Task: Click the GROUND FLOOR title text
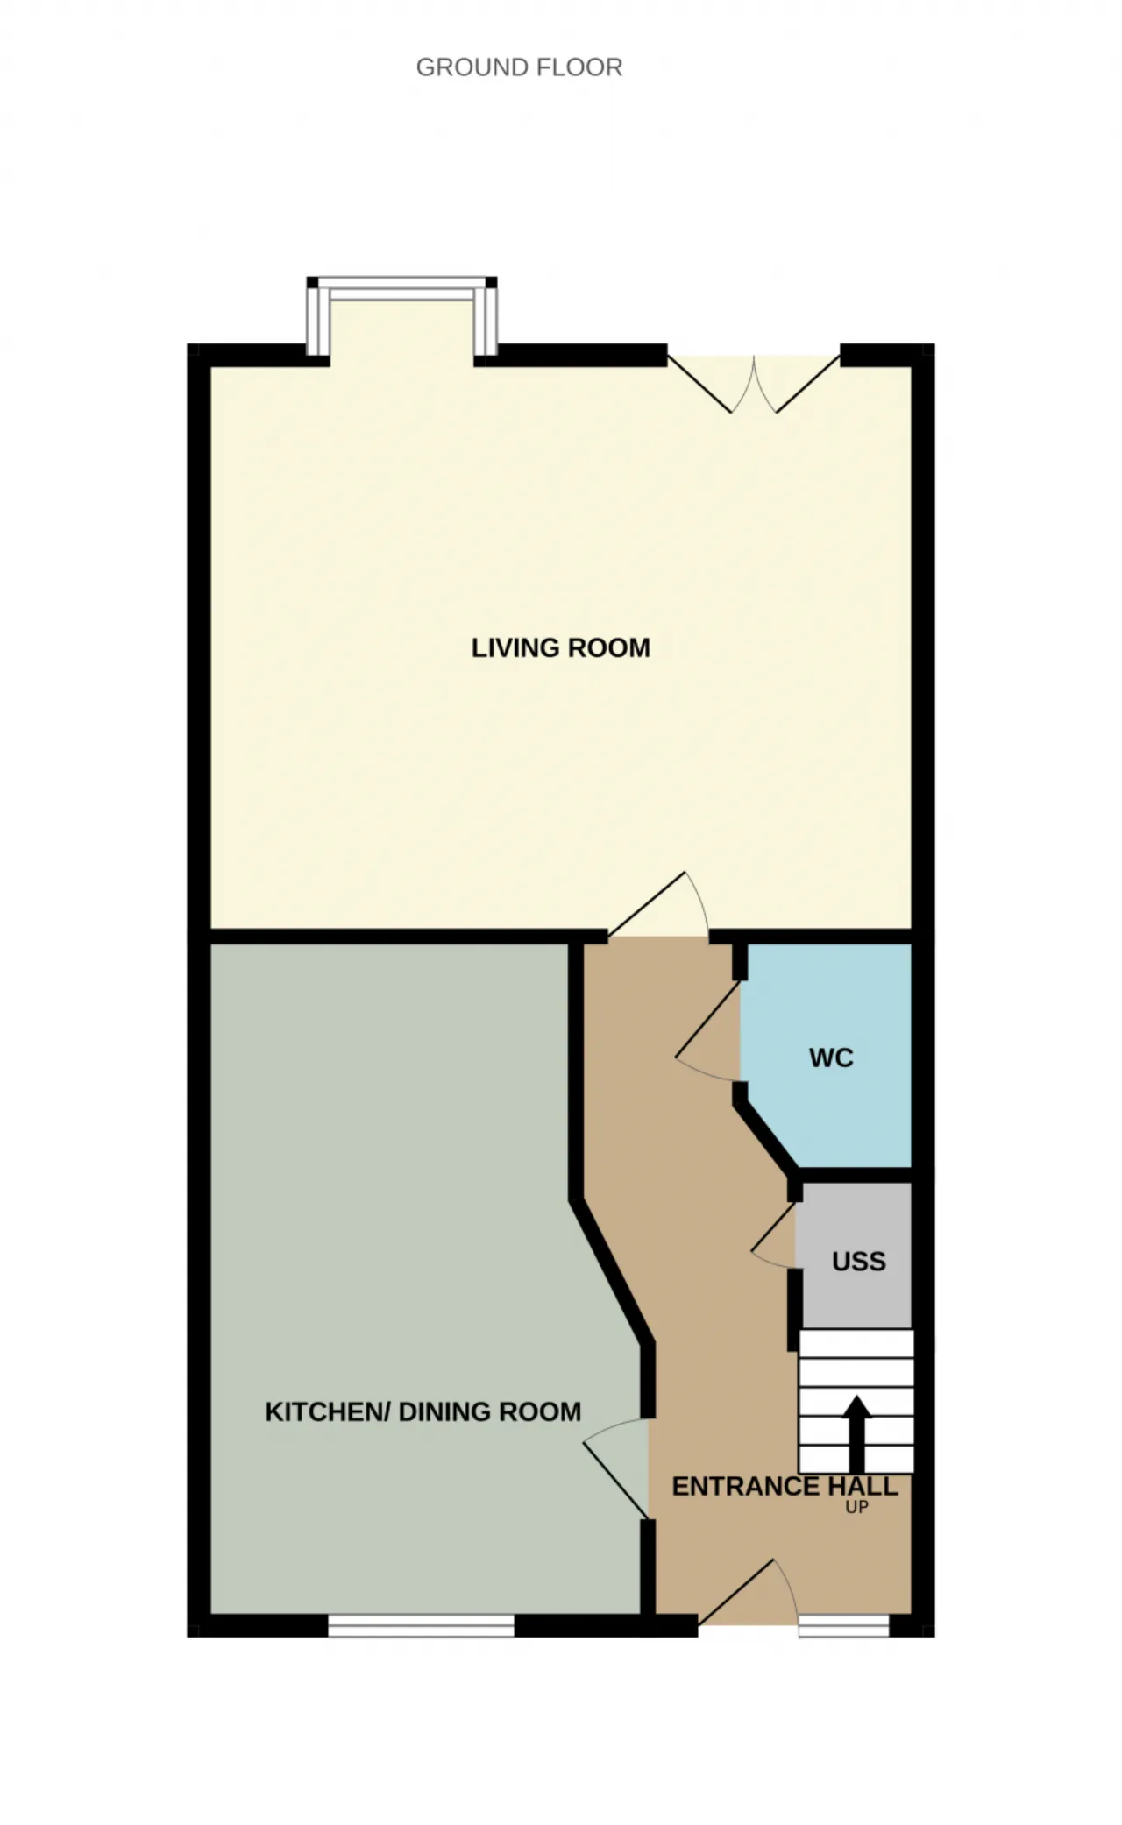click(x=519, y=67)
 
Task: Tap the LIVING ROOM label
click(x=561, y=648)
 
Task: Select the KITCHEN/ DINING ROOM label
click(x=423, y=1412)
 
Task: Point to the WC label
click(x=831, y=1058)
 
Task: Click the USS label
click(x=859, y=1262)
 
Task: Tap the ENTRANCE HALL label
click(x=785, y=1487)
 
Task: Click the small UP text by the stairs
click(x=856, y=1508)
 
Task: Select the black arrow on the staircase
click(x=856, y=1433)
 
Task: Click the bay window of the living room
click(x=402, y=315)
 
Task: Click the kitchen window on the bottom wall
click(x=421, y=1626)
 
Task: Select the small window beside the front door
click(x=843, y=1626)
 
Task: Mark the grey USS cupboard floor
click(x=855, y=1297)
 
